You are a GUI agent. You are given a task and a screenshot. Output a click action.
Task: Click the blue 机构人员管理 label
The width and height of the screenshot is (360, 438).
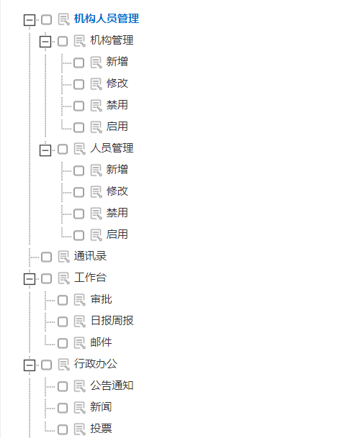[107, 19]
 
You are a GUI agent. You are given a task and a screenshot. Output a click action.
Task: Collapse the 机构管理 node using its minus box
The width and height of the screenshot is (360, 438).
[45, 42]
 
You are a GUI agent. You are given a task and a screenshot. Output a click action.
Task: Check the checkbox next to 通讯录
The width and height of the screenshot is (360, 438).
[46, 257]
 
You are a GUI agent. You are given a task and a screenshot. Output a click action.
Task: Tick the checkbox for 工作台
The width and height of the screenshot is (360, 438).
[46, 278]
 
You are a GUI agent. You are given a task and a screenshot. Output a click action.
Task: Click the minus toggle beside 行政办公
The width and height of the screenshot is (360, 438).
[30, 365]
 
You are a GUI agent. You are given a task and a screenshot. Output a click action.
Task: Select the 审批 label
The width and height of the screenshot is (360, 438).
[101, 299]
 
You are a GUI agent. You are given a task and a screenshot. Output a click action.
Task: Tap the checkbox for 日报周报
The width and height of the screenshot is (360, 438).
[63, 321]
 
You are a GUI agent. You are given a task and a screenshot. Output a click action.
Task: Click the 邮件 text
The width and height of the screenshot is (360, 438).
[101, 342]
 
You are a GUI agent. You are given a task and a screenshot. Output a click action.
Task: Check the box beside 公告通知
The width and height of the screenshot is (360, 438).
[63, 386]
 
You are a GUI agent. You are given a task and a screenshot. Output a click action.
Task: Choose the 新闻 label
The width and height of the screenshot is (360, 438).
[101, 407]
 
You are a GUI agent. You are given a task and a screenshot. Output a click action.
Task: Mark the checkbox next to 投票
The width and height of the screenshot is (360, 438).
[63, 429]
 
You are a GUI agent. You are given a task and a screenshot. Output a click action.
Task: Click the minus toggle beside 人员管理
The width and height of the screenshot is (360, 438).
[45, 150]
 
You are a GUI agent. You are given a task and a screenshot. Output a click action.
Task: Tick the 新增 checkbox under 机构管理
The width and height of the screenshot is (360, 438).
[79, 63]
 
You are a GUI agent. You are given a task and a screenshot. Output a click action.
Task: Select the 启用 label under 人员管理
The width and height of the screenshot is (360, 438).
[117, 234]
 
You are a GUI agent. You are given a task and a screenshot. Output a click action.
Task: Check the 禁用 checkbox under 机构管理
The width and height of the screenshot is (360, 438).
[79, 106]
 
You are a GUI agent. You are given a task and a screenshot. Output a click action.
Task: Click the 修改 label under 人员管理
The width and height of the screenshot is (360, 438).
[117, 191]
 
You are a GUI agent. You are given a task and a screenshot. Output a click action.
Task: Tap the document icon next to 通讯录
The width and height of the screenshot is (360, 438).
[64, 257]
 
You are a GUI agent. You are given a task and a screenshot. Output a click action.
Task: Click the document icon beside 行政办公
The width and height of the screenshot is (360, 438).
[64, 365]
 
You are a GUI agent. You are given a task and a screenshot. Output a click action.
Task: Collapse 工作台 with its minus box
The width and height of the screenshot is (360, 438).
[30, 279]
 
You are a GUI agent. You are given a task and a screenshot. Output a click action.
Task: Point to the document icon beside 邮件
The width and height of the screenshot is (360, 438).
[80, 343]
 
